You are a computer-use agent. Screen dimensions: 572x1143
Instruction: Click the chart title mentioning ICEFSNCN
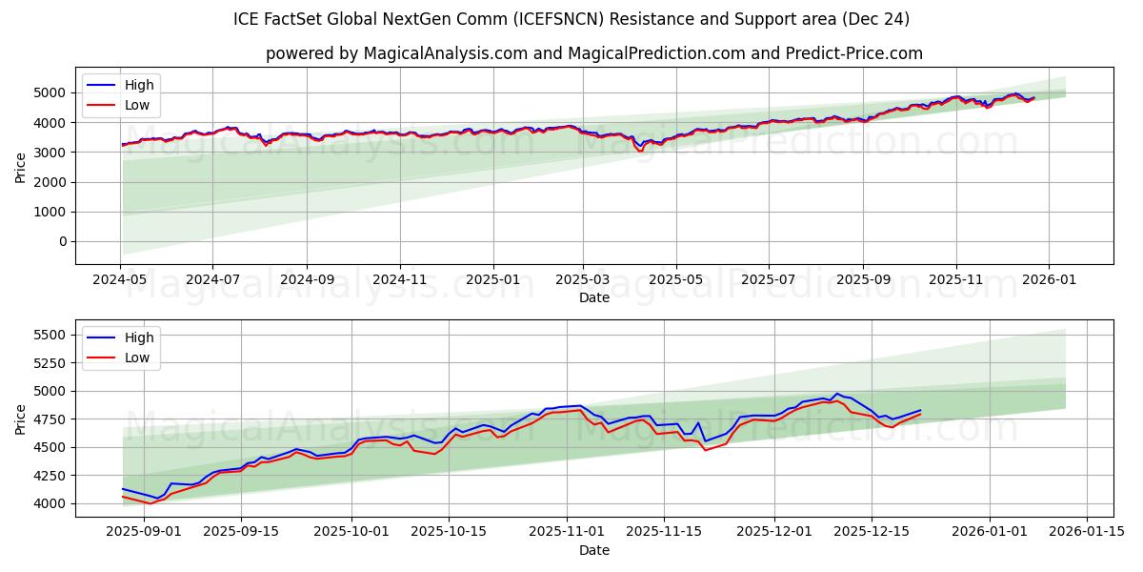[571, 19]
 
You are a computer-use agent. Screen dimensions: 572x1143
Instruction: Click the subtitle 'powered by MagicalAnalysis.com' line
[594, 53]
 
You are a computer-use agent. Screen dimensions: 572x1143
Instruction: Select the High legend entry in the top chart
[139, 85]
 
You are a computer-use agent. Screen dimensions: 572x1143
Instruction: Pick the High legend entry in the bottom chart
[137, 337]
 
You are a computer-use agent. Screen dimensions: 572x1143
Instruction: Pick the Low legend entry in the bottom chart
[137, 357]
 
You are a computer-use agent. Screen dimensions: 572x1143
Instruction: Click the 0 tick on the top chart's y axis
[63, 241]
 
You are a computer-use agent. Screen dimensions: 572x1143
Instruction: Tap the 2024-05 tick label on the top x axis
[121, 279]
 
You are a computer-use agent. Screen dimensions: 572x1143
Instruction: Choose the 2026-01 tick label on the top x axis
[1049, 279]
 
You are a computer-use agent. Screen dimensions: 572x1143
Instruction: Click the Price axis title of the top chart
[21, 167]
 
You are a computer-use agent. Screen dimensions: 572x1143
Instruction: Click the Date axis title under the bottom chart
[594, 550]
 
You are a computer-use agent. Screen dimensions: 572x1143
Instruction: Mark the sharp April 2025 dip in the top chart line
[640, 150]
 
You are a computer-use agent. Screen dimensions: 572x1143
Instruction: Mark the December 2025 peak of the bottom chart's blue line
[837, 394]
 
